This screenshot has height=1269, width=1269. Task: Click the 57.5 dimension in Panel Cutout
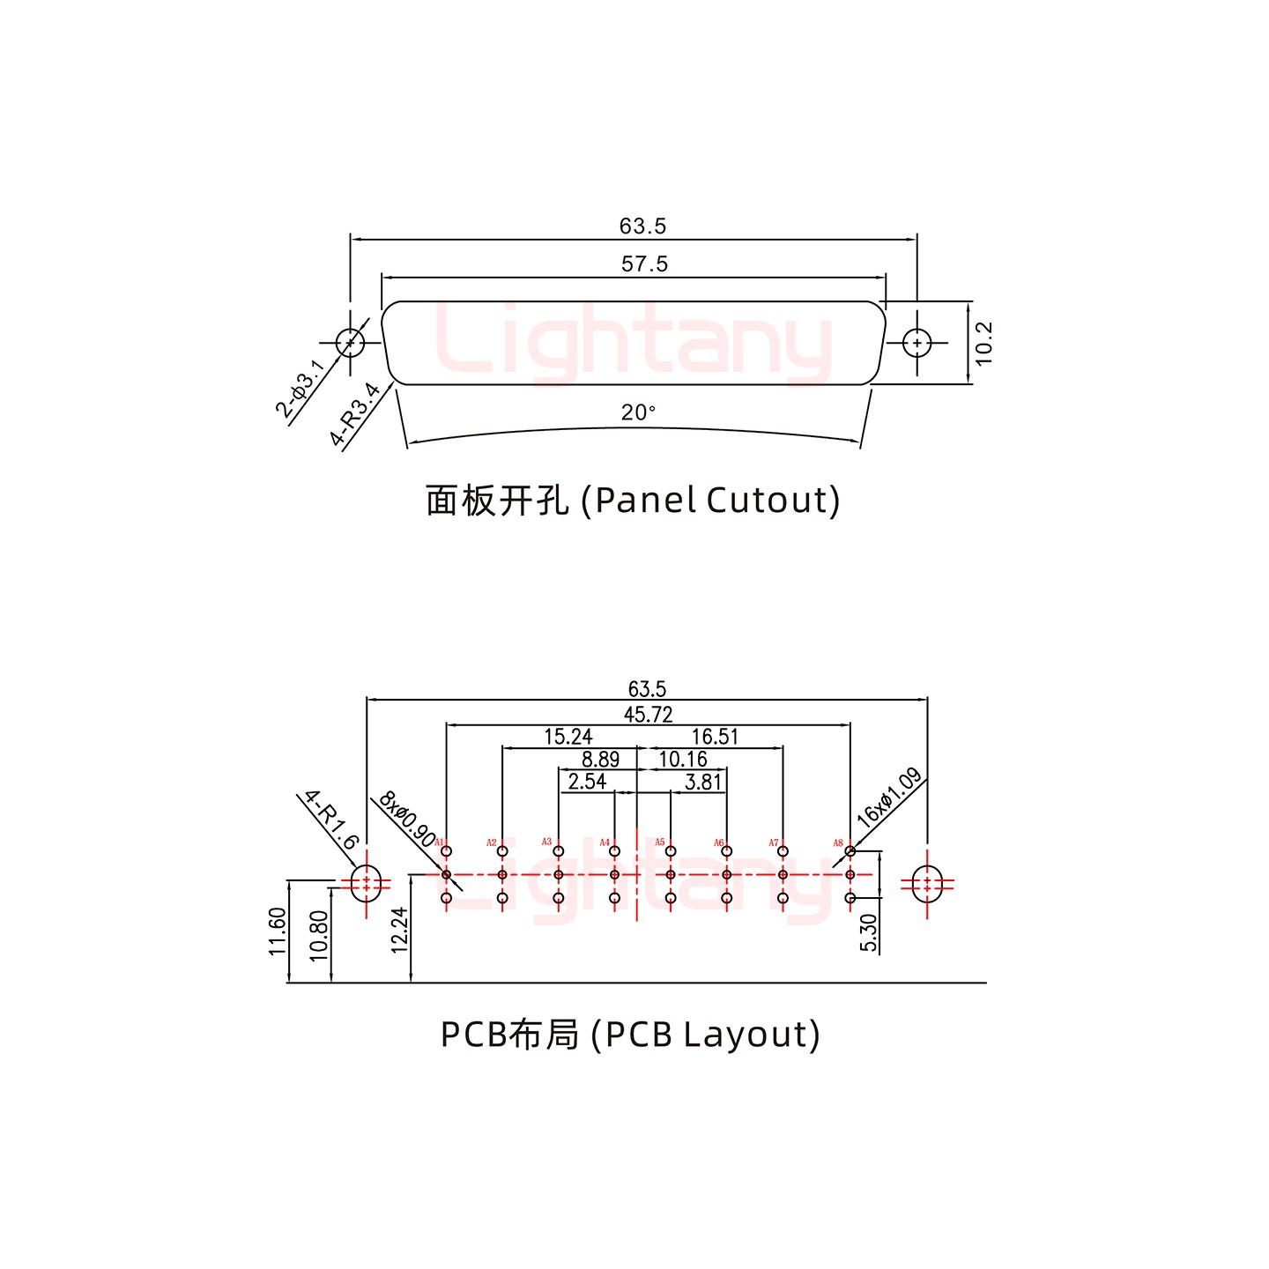tap(644, 263)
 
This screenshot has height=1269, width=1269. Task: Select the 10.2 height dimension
tap(984, 343)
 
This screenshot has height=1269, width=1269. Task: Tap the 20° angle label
tap(638, 412)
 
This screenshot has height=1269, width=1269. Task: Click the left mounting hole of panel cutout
tap(350, 342)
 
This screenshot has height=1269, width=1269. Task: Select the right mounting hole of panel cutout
tap(917, 342)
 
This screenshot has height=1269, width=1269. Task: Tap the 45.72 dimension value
tap(648, 715)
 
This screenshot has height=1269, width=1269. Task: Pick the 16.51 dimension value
tap(714, 737)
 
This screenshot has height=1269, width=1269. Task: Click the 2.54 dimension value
tap(587, 782)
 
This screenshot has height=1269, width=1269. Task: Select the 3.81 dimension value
tap(702, 782)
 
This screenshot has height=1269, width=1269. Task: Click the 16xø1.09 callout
tap(889, 796)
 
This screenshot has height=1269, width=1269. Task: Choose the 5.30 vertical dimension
tap(869, 932)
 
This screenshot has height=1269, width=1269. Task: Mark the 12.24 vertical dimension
tap(399, 931)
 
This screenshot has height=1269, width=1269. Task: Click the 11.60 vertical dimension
tap(278, 932)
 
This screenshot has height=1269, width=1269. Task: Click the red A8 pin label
tap(838, 843)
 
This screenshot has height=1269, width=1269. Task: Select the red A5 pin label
tap(659, 842)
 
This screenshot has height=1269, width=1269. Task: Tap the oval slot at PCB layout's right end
tap(927, 884)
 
